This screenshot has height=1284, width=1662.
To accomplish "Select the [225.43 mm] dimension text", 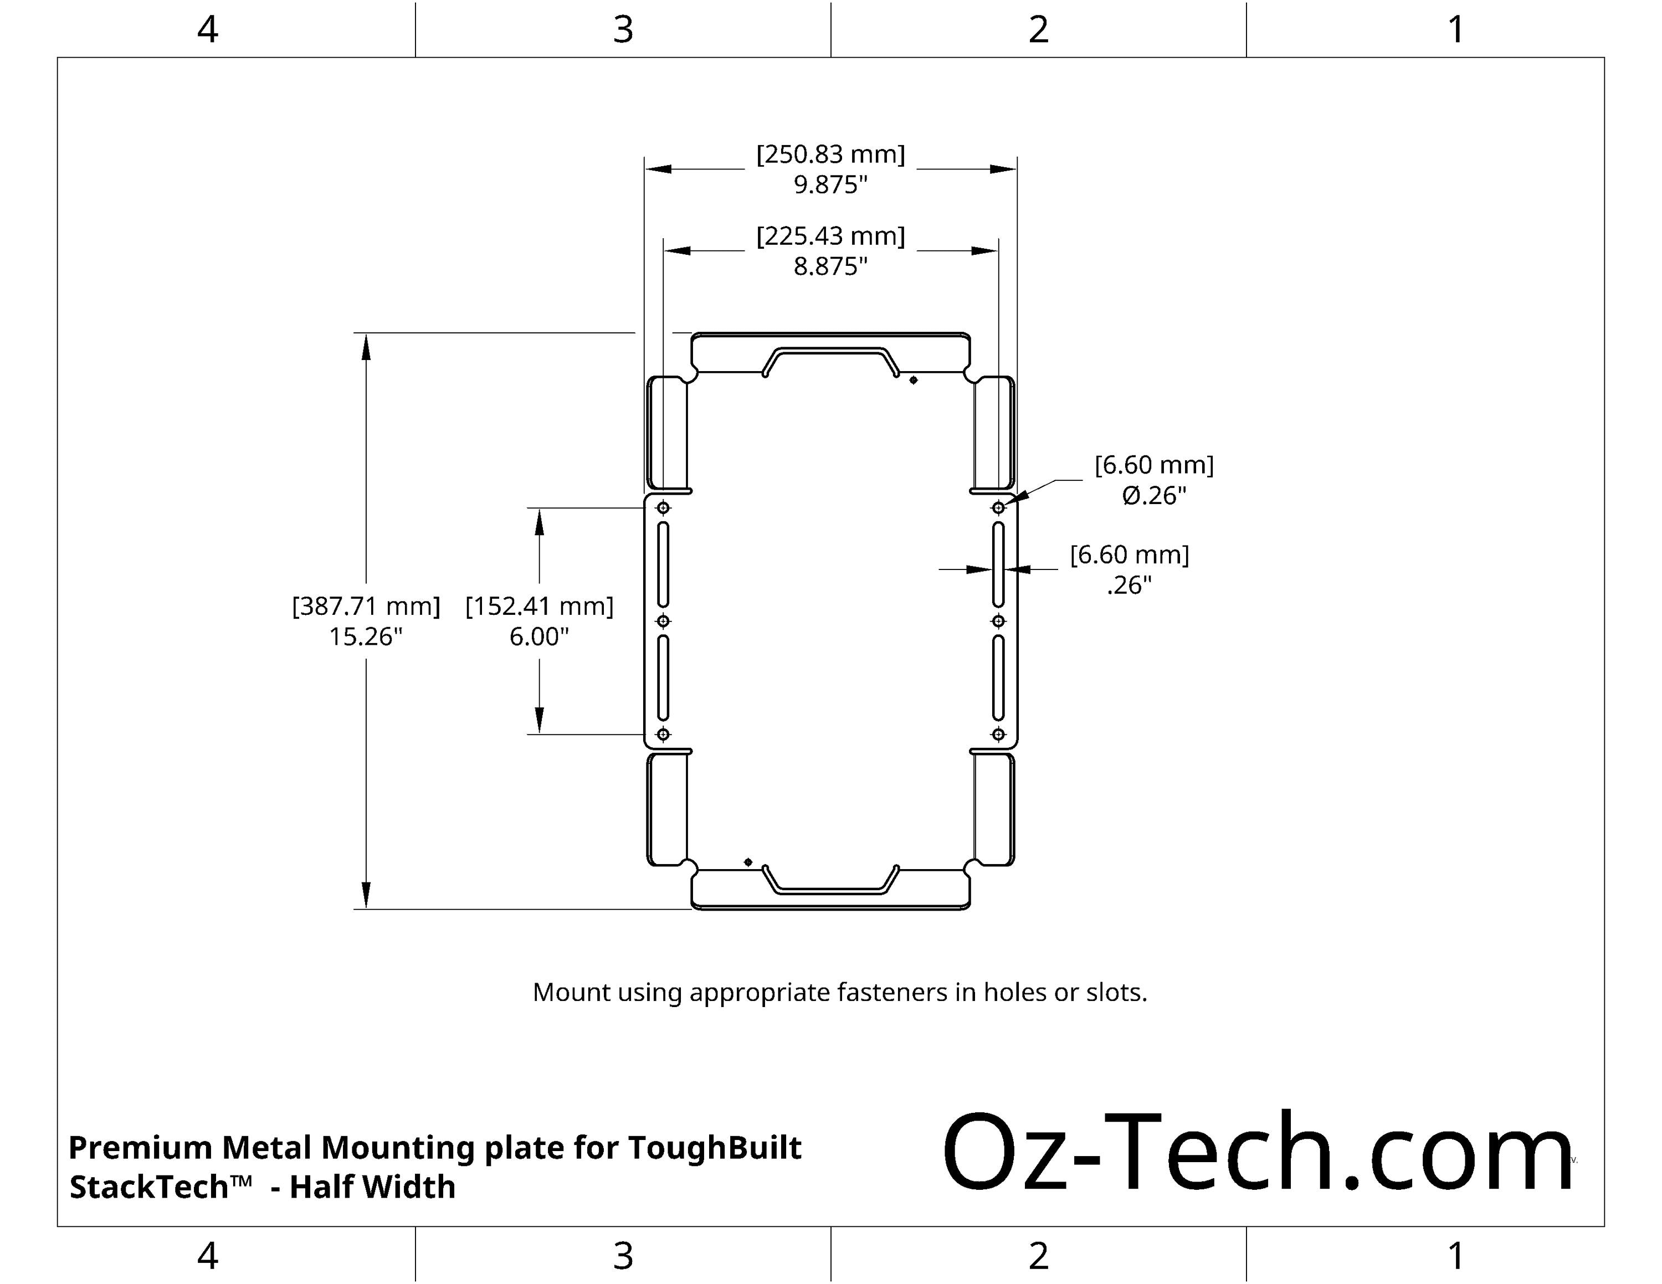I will click(x=830, y=236).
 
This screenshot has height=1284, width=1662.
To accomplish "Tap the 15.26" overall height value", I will click(x=365, y=636).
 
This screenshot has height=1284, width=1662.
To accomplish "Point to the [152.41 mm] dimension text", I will click(x=539, y=605).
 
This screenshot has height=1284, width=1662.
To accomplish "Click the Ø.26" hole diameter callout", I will click(x=1153, y=496).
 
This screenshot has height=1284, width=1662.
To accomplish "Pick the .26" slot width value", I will click(x=1128, y=585).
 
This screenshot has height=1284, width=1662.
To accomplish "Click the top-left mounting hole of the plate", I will click(x=663, y=507).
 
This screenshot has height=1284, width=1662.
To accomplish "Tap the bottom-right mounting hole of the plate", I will click(x=998, y=734).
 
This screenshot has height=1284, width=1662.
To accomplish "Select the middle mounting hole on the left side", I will click(x=663, y=621).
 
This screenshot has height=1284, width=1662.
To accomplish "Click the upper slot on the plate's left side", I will click(x=663, y=564).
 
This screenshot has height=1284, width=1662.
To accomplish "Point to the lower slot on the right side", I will click(x=998, y=677).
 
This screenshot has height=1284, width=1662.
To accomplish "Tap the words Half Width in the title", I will click(x=372, y=1187).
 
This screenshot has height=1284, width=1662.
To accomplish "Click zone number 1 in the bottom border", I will click(x=1455, y=1256).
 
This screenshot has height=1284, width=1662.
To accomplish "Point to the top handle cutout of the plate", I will click(x=830, y=361).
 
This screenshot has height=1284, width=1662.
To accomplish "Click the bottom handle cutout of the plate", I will click(x=830, y=879).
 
